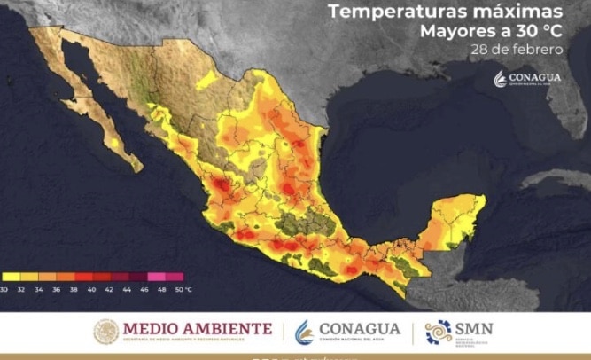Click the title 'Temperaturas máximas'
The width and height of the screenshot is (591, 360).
[444, 12]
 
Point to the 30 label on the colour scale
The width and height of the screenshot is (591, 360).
[4, 289]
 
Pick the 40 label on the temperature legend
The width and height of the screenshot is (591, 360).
[92, 289]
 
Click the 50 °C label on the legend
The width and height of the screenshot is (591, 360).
[183, 289]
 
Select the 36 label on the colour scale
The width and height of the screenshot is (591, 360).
[57, 289]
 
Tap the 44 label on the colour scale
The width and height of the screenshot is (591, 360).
[128, 289]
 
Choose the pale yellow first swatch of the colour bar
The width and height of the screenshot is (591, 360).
[11, 278]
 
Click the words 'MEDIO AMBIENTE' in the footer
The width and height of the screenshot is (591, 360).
[197, 328]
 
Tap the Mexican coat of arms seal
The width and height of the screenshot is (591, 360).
[106, 332]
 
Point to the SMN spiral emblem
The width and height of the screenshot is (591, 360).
[438, 332]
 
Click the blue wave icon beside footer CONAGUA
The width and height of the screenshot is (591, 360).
[304, 332]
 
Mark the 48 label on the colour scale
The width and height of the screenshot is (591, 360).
[163, 289]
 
